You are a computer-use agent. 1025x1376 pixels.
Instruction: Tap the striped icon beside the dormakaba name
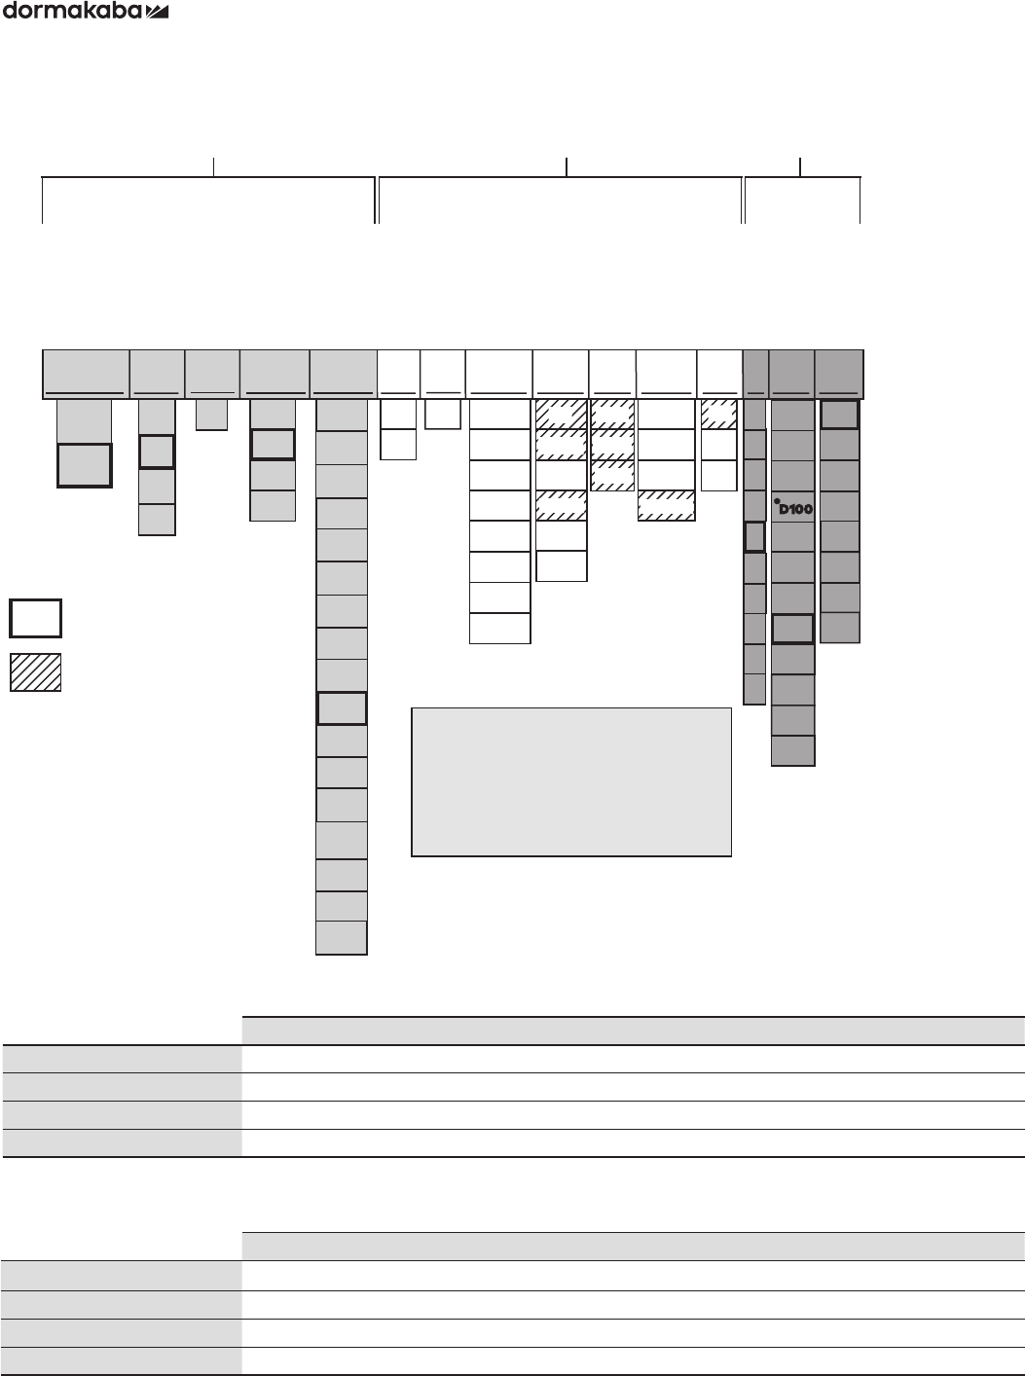click(x=158, y=13)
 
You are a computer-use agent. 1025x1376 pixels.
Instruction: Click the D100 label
click(x=795, y=508)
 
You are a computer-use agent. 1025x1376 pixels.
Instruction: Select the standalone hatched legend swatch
click(x=35, y=672)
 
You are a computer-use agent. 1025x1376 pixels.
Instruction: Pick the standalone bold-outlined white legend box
click(x=35, y=618)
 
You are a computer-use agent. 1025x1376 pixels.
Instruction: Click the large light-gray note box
click(x=571, y=782)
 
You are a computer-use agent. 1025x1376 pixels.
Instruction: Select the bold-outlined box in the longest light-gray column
click(x=342, y=708)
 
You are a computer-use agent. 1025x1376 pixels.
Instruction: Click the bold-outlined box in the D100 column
click(x=792, y=629)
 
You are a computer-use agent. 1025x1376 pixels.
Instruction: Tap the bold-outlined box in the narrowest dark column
click(x=754, y=536)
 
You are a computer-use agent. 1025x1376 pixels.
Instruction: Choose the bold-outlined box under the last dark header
click(x=839, y=415)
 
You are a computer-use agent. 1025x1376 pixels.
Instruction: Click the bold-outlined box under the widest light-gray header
click(x=84, y=465)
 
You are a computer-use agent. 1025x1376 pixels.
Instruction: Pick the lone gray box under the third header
click(x=211, y=415)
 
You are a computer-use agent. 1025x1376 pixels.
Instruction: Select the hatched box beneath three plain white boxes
click(x=666, y=506)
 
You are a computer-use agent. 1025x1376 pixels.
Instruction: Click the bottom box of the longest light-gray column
click(x=342, y=938)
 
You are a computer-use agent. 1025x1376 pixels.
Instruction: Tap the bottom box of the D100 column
click(x=792, y=750)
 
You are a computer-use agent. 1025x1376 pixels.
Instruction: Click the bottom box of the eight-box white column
click(x=499, y=628)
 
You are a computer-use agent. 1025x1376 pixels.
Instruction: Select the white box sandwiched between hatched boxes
click(x=561, y=476)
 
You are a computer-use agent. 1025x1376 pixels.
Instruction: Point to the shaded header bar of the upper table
click(x=633, y=1031)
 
